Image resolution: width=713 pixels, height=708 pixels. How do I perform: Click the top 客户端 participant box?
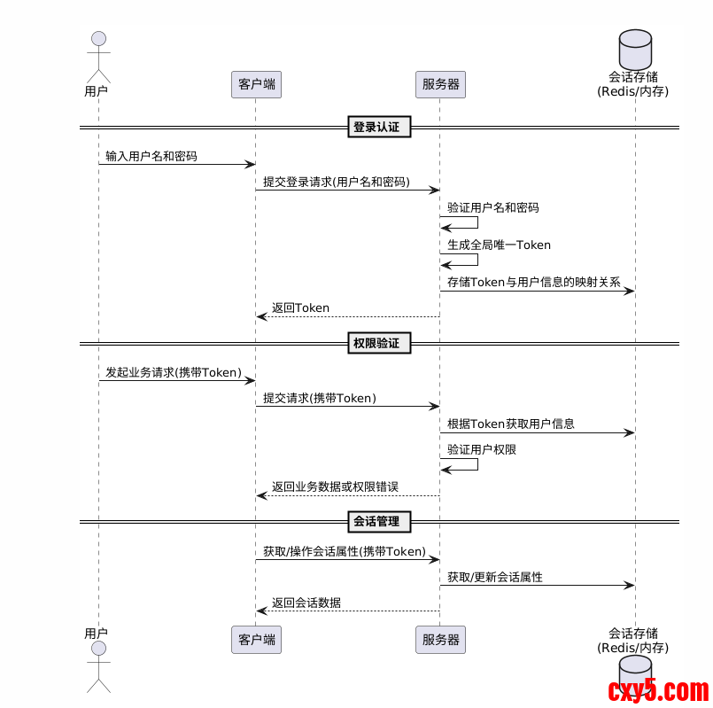point(256,84)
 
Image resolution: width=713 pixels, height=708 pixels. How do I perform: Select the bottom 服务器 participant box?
point(440,640)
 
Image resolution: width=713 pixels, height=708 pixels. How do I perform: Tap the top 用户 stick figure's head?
point(98,38)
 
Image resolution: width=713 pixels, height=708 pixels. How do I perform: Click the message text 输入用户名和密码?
point(151,156)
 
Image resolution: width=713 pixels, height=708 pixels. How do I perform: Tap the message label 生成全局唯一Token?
point(499,245)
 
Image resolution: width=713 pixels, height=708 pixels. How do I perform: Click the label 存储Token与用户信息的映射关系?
point(533,283)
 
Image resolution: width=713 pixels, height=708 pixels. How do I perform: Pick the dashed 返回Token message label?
point(300,307)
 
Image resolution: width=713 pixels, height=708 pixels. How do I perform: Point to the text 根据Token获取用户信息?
point(510,424)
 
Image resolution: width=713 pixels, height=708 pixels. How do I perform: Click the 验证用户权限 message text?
point(481,449)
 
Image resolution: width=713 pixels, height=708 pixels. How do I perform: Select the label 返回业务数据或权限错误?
point(335,486)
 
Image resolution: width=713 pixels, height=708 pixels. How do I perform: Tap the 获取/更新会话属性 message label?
point(494,577)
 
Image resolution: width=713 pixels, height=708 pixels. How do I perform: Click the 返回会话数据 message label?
point(306,603)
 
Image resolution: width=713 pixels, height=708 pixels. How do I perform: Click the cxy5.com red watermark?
point(658,689)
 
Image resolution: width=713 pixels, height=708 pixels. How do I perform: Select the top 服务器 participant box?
point(440,84)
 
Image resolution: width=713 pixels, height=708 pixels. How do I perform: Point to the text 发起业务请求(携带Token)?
point(174,372)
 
